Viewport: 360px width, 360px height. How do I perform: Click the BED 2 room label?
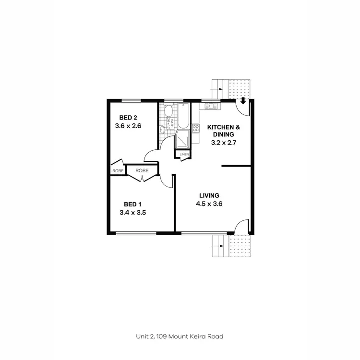coord(128,118)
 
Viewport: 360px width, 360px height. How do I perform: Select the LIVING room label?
coord(209,195)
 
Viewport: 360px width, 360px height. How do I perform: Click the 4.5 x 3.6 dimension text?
coord(209,204)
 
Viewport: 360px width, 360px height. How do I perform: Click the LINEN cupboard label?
coord(184,154)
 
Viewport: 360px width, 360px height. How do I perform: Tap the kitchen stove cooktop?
coord(196,128)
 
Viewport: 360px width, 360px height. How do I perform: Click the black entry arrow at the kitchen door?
coord(243,101)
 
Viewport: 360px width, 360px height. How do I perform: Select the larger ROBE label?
coord(142,170)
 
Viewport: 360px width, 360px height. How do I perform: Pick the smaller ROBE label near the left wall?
coord(118,170)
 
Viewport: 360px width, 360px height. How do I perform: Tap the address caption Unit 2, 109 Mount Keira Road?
coord(180,336)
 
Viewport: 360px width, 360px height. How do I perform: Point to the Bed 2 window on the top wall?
coord(131,100)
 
